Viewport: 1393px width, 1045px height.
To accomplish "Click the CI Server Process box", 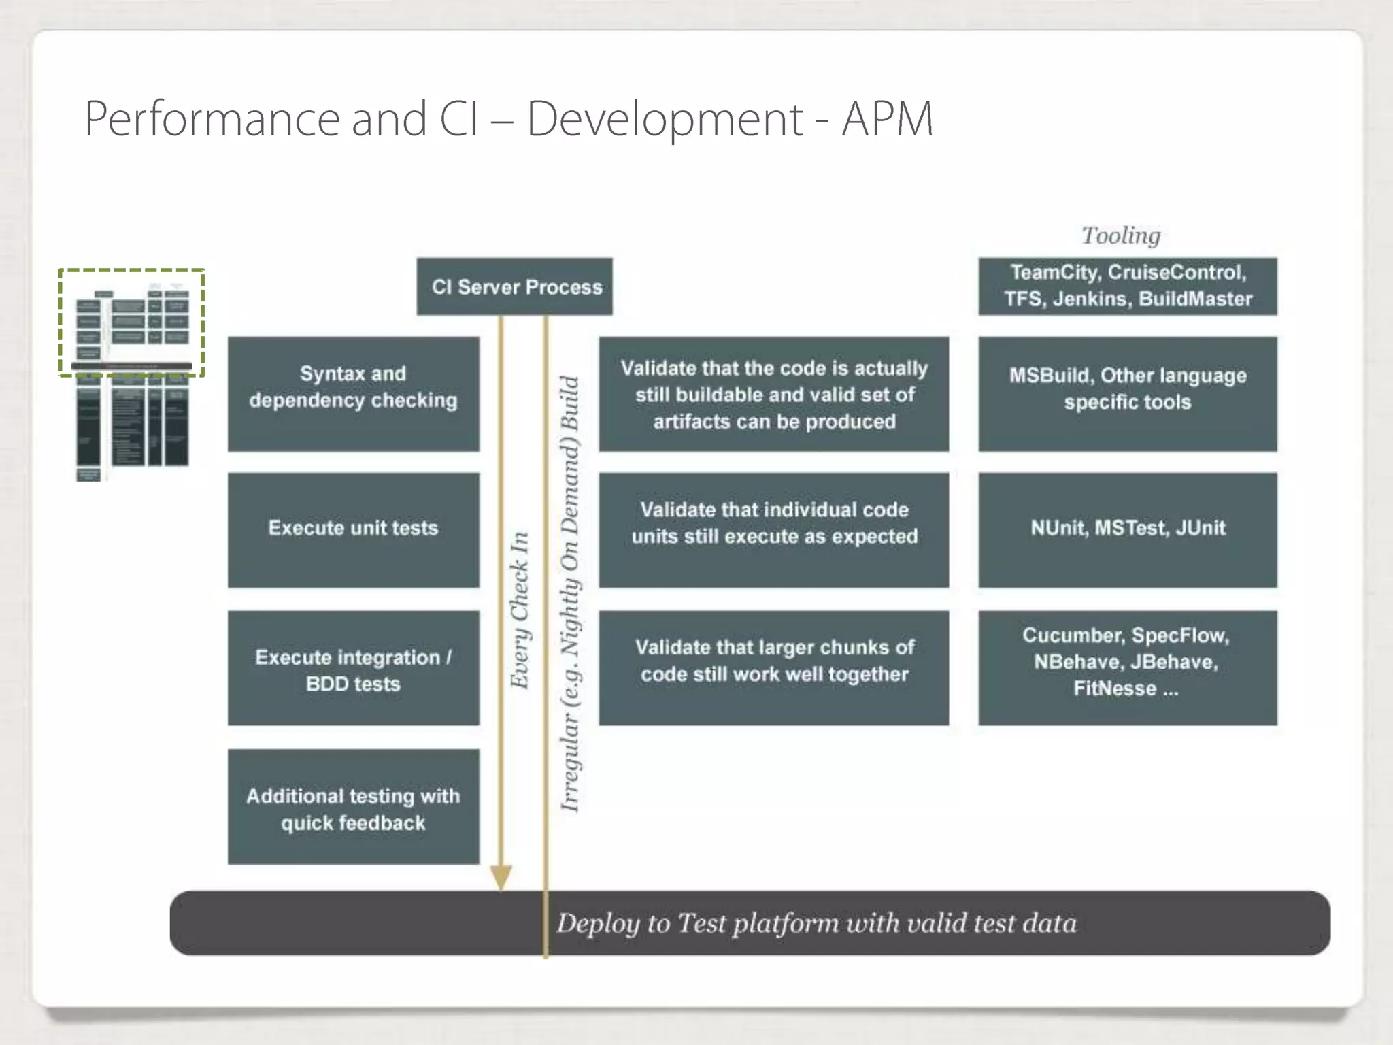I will coord(514,286).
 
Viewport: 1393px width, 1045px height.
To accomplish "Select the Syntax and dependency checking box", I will coord(353,394).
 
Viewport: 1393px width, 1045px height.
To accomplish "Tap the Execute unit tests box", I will coord(353,529).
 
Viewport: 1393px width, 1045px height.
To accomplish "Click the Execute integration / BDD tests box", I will coord(353,668).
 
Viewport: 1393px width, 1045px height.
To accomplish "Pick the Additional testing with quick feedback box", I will coord(353,807).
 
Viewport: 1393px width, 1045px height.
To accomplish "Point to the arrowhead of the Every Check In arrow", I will coord(501,878).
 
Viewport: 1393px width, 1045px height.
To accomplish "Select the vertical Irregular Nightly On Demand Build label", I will coord(570,593).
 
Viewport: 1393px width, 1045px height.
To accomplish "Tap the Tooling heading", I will coord(1121,235).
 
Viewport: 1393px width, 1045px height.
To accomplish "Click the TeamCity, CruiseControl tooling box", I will coord(1128,286).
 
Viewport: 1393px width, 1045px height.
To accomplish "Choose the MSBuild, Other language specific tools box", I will coord(1128,394).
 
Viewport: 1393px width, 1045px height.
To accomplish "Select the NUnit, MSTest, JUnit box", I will coord(1128,529).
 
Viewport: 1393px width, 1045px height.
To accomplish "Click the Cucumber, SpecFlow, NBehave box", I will coord(1128,668).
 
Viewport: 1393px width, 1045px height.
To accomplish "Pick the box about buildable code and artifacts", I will coord(773,394).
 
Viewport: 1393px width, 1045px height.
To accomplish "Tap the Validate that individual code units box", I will coord(773,529).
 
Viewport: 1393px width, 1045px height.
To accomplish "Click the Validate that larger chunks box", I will coord(773,668).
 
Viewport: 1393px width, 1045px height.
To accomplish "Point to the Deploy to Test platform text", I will coord(816,924).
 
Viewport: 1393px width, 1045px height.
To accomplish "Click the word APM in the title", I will coord(887,120).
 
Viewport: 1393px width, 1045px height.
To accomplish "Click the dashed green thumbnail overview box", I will coord(131,322).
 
